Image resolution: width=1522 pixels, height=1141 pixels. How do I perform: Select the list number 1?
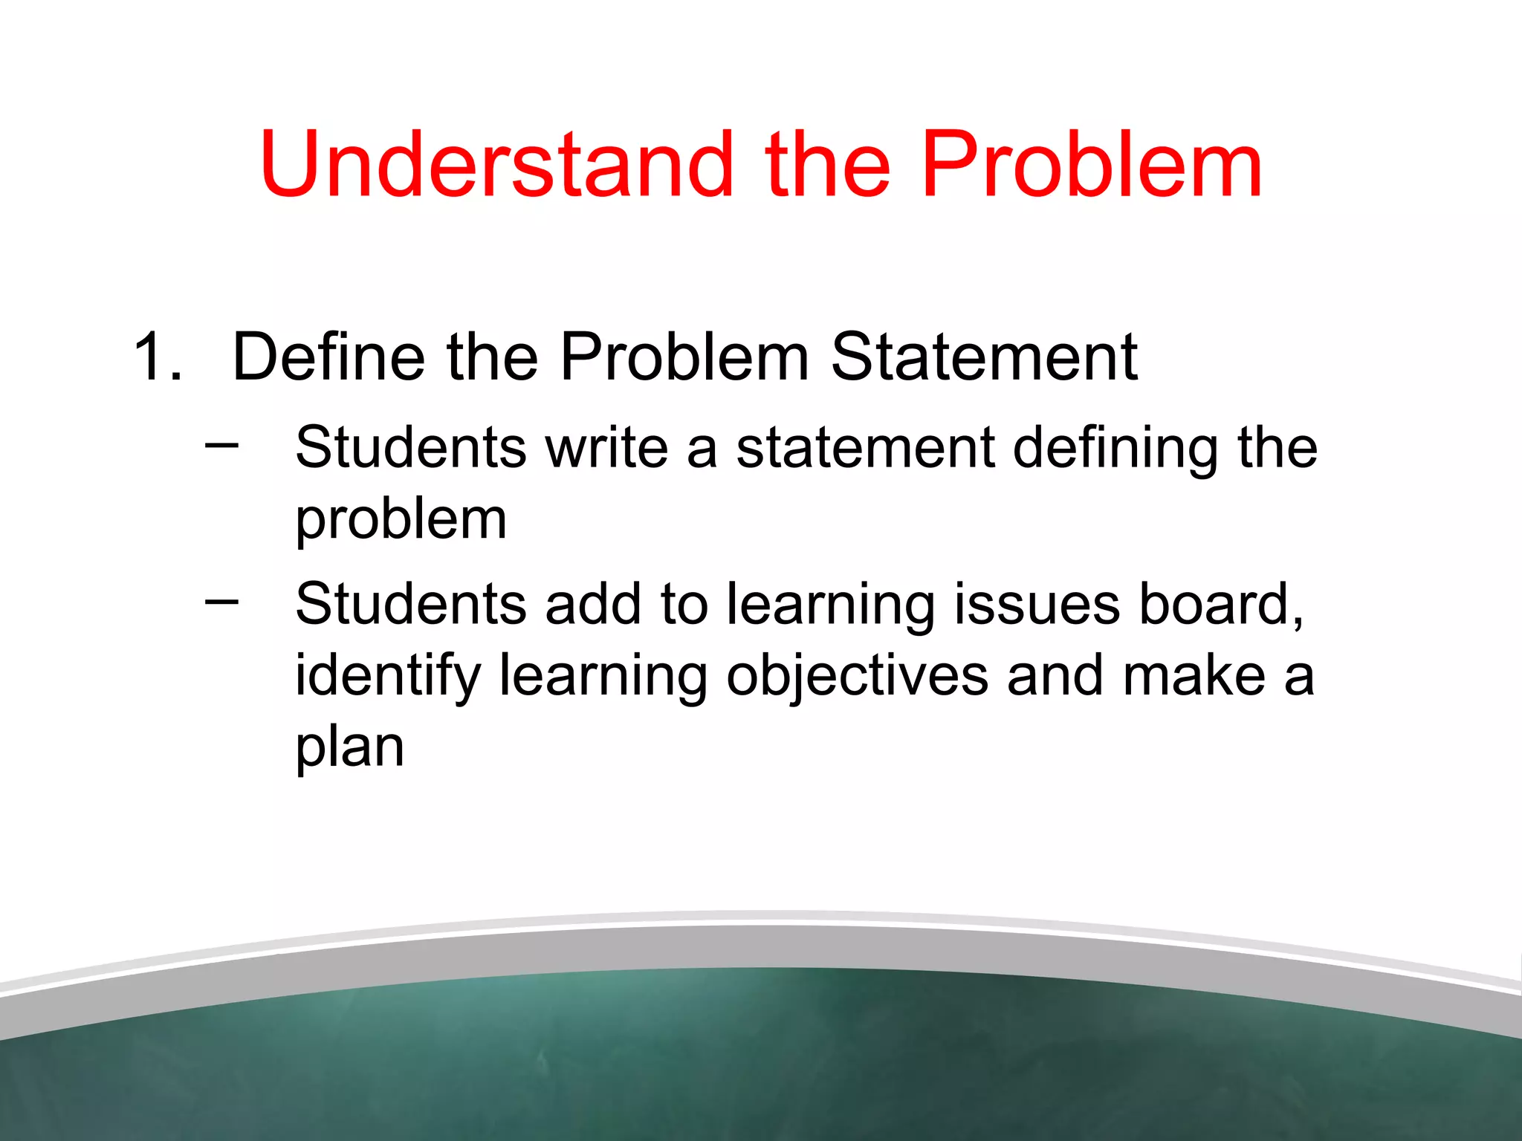tap(156, 357)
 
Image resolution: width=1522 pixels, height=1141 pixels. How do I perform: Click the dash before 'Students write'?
tap(221, 445)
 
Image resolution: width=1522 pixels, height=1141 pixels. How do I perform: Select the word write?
tap(606, 448)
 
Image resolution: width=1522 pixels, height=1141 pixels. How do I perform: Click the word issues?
tap(1036, 603)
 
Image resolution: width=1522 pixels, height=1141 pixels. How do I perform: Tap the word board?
tap(1222, 603)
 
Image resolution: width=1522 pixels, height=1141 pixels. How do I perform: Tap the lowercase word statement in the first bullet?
tap(865, 448)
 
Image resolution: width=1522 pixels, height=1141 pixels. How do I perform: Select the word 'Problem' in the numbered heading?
tap(684, 357)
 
